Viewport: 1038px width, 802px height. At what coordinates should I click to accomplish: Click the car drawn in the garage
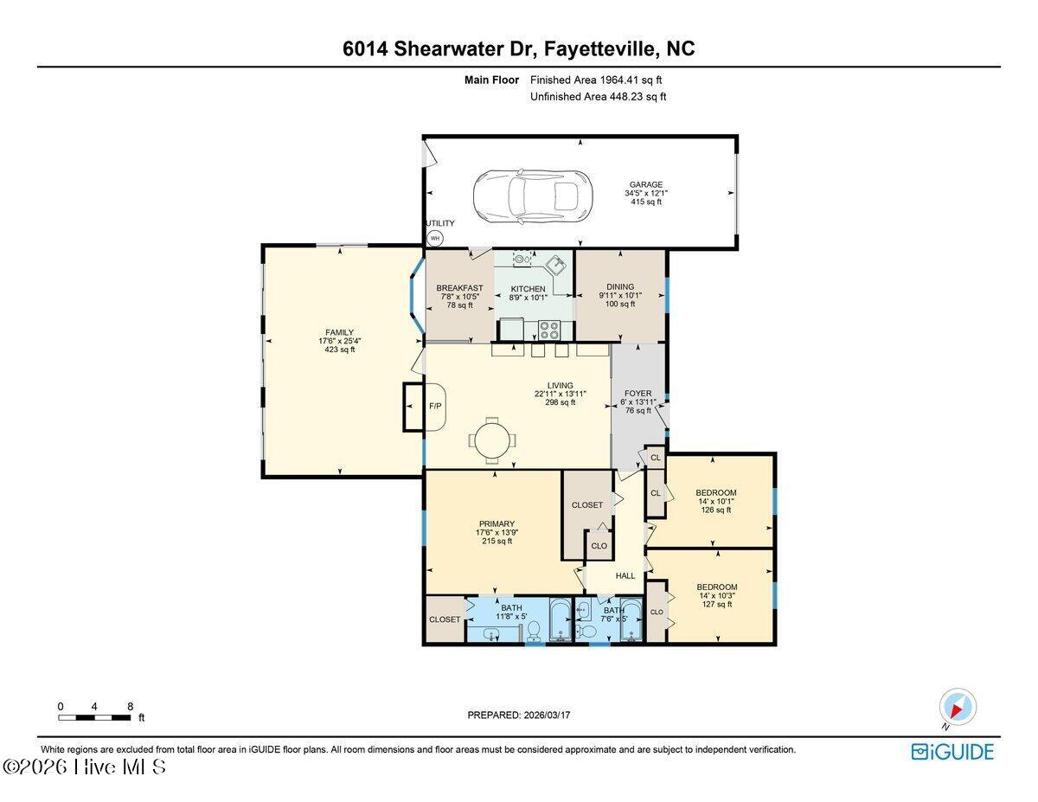click(533, 196)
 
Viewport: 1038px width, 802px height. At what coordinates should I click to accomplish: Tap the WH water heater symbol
click(435, 238)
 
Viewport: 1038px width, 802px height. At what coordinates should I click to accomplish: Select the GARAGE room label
click(646, 184)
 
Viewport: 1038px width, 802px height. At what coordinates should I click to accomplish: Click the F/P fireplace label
click(435, 407)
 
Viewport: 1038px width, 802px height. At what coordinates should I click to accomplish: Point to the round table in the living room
click(492, 439)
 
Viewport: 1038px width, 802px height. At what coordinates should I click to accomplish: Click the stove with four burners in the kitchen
click(549, 330)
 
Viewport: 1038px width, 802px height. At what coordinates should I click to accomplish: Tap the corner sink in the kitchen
click(556, 265)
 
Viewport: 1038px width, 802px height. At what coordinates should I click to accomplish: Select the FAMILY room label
click(340, 332)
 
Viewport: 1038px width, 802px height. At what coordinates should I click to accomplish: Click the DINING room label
click(620, 286)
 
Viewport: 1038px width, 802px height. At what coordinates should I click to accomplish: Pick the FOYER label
click(638, 394)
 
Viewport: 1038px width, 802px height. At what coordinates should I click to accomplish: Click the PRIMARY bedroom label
click(497, 524)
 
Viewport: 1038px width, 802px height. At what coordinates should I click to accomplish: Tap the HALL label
click(625, 576)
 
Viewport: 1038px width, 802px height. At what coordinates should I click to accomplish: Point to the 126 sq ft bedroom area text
click(715, 510)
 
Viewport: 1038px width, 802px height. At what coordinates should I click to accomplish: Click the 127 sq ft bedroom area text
click(717, 604)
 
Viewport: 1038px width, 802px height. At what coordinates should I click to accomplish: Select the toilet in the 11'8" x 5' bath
click(534, 632)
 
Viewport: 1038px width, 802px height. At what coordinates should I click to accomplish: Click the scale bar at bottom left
click(94, 717)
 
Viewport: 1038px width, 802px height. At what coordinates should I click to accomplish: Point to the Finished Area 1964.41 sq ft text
click(596, 80)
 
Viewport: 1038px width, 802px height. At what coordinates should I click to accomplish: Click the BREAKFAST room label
click(459, 288)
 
